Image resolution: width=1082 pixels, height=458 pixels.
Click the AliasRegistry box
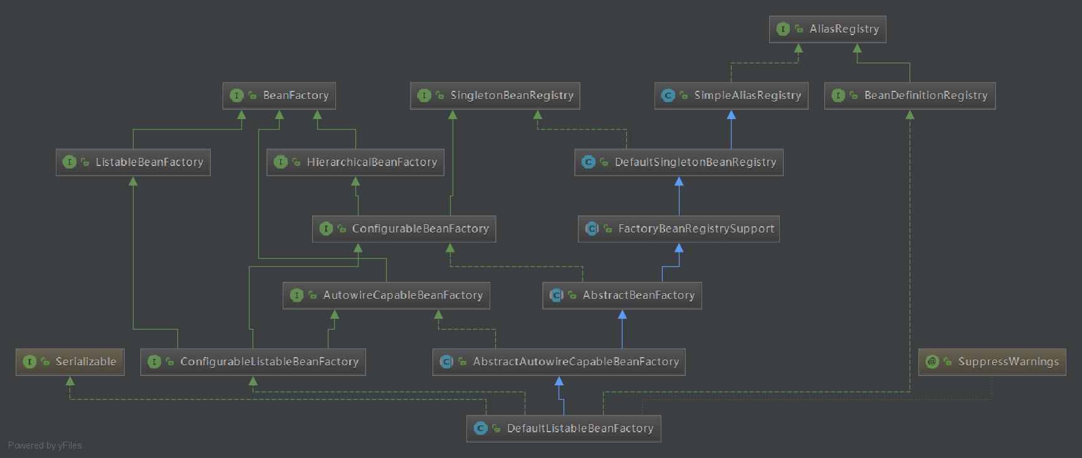click(x=827, y=29)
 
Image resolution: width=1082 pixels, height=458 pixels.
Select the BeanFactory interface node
click(x=279, y=96)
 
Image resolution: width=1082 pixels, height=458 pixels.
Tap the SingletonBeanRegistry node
click(x=495, y=96)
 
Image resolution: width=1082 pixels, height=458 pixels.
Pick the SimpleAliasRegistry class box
click(x=731, y=96)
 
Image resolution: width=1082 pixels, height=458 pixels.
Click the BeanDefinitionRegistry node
click(x=909, y=96)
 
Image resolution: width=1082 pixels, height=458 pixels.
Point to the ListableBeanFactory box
click(x=133, y=162)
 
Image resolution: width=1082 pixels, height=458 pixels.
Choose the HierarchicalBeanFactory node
click(x=355, y=162)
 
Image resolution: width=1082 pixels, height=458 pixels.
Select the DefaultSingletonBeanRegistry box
click(x=678, y=162)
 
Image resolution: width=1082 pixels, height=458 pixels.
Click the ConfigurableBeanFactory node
click(x=404, y=229)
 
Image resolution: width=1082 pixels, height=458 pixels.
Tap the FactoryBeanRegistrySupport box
click(x=678, y=229)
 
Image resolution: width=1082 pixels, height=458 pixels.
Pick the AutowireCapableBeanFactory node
click(x=386, y=295)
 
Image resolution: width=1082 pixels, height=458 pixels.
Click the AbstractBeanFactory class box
click(x=622, y=295)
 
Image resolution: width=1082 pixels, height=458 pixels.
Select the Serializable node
click(x=70, y=362)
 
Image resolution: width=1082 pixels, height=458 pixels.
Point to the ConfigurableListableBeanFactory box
click(x=253, y=362)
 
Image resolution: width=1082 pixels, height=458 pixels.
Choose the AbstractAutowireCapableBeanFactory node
click(x=559, y=362)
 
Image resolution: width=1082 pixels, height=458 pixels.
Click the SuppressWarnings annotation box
click(x=992, y=362)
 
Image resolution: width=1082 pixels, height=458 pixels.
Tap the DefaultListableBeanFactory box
click(x=564, y=429)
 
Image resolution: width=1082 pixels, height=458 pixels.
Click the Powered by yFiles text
click(x=45, y=445)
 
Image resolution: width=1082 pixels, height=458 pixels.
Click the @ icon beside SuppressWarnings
click(x=932, y=362)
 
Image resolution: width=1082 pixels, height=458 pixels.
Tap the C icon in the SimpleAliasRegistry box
click(x=668, y=95)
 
